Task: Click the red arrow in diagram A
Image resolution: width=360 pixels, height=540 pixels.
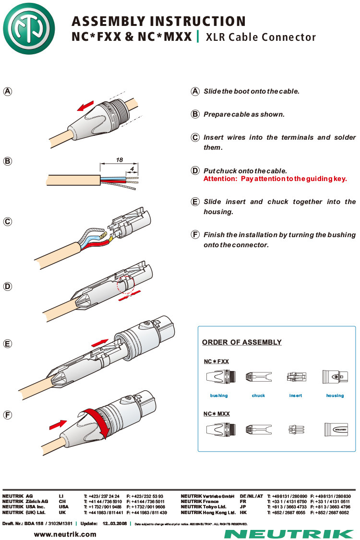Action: pos(86,106)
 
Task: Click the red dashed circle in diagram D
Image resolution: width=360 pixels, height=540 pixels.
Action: pos(128,287)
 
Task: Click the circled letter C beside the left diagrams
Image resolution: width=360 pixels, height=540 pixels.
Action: pos(8,222)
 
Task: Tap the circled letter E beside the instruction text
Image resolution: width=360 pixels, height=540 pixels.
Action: pos(195,202)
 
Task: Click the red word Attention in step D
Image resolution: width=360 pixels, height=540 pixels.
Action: pos(220,179)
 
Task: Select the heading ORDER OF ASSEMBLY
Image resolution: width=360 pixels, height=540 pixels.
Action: pos(242,342)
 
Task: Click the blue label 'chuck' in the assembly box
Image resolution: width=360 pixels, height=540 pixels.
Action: pos(258,396)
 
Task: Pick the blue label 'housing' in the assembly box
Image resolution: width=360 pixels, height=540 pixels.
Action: pos(335,396)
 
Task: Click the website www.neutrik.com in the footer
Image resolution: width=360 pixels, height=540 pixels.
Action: pos(65,534)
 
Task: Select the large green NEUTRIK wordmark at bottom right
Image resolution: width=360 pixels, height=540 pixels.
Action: pos(289,534)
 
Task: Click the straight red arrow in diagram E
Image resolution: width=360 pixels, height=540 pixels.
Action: pos(99,342)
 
